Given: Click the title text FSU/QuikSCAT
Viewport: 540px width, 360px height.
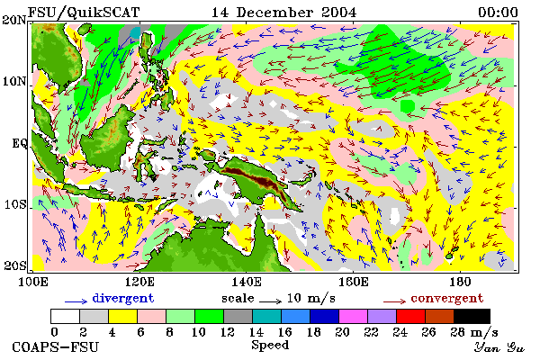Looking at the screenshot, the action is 84,13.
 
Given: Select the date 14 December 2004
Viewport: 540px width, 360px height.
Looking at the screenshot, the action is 283,13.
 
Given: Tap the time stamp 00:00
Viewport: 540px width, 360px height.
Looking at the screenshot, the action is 498,13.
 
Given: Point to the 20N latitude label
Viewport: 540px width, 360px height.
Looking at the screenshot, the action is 14,20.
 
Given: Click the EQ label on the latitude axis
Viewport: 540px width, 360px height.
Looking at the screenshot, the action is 20,143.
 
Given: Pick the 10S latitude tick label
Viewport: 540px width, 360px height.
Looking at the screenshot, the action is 14,204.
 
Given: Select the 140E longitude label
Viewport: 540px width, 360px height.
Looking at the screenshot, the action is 247,282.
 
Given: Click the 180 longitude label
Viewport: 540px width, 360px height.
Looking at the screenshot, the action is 460,282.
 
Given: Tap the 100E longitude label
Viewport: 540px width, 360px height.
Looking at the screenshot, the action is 32,282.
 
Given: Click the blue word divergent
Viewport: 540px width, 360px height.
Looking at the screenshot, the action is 123,298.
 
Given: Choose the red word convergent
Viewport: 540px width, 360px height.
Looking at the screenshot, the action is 447,298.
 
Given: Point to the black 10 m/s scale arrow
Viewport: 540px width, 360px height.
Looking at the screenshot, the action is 270,301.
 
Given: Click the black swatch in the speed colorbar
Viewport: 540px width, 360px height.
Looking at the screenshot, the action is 472,316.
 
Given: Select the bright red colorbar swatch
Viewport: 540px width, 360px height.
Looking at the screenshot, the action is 411,316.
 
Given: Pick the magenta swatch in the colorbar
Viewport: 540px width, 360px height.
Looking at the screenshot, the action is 354,316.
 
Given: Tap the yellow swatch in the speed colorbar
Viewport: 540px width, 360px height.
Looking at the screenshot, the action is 123,316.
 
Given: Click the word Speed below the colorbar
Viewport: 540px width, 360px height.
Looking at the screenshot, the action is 270,345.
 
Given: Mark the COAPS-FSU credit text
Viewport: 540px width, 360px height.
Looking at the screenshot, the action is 55,346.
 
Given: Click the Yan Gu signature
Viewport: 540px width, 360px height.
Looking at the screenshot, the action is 499,347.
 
